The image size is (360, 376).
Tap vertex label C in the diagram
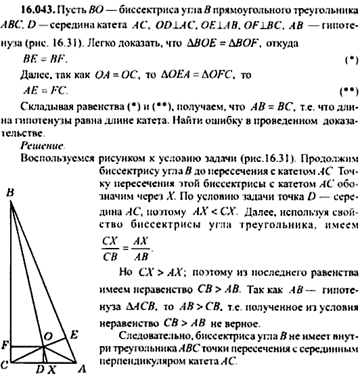pos(5,364)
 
